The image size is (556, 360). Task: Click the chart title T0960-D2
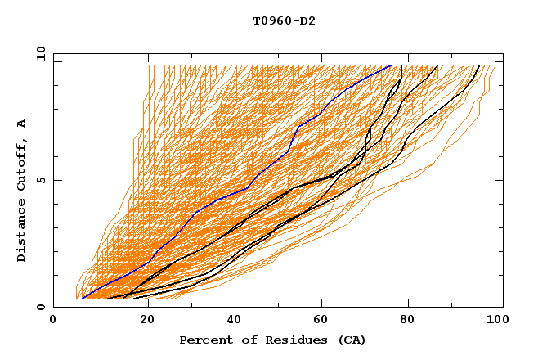pyautogui.click(x=284, y=20)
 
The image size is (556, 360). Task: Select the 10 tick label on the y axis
pyautogui.click(x=38, y=53)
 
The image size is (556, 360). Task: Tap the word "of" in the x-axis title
pyautogui.click(x=243, y=340)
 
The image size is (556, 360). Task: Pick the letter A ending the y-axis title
pyautogui.click(x=21, y=123)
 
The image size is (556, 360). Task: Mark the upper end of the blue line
pyautogui.click(x=391, y=65)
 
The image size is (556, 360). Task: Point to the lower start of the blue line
pyautogui.click(x=83, y=298)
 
